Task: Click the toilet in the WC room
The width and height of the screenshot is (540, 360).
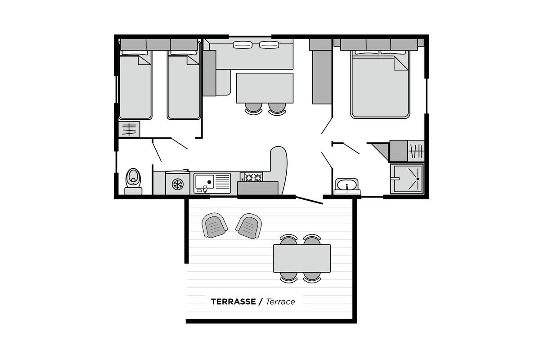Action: pyautogui.click(x=133, y=181)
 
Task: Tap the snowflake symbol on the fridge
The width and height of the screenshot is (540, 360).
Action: pyautogui.click(x=178, y=184)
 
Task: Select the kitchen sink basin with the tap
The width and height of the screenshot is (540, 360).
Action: pyautogui.click(x=205, y=183)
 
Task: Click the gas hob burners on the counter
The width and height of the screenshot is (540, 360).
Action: pyautogui.click(x=253, y=177)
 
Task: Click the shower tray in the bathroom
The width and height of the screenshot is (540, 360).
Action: pyautogui.click(x=407, y=179)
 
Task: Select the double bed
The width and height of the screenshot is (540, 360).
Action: pyautogui.click(x=380, y=85)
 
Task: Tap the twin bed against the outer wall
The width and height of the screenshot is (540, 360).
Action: pyautogui.click(x=135, y=85)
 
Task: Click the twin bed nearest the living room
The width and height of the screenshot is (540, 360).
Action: pyautogui.click(x=184, y=85)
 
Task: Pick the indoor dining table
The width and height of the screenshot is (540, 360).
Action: pyautogui.click(x=265, y=88)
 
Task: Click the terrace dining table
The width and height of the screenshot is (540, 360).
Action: pyautogui.click(x=302, y=258)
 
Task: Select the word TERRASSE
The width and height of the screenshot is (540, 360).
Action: pyautogui.click(x=234, y=301)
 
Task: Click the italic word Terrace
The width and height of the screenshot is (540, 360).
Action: pyautogui.click(x=280, y=301)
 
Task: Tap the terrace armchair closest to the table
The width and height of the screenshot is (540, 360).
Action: pyautogui.click(x=249, y=226)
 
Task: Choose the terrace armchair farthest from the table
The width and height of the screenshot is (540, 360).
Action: pyautogui.click(x=214, y=225)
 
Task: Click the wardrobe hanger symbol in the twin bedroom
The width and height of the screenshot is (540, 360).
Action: pyautogui.click(x=129, y=129)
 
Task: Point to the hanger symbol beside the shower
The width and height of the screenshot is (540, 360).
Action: pyautogui.click(x=416, y=151)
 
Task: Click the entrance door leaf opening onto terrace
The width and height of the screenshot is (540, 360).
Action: pyautogui.click(x=309, y=200)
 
